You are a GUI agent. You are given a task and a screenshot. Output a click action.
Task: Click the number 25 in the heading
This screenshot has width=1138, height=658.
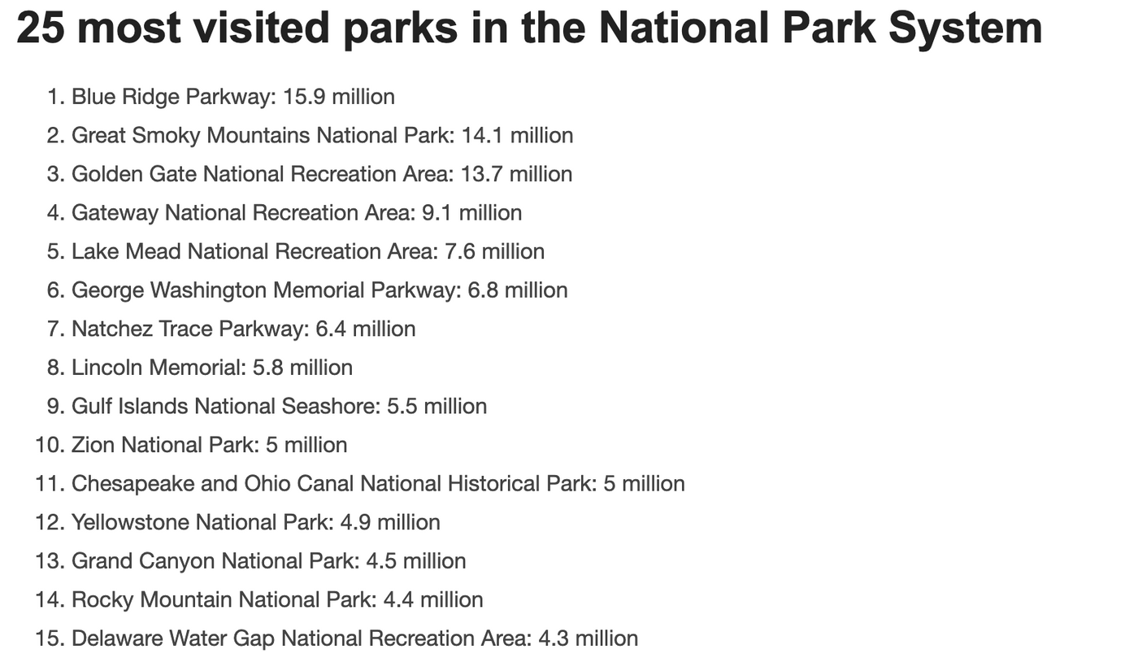[41, 28]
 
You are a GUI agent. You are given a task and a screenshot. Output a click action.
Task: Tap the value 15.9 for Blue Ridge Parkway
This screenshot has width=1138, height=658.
[304, 97]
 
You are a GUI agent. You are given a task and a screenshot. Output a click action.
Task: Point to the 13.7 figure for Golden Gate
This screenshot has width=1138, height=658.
[481, 174]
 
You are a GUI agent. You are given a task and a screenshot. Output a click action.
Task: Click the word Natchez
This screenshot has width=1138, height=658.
[112, 329]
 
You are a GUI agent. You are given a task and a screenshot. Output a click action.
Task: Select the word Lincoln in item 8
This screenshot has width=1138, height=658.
[107, 367]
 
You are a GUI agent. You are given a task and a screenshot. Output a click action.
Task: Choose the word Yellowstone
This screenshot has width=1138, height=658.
[131, 521]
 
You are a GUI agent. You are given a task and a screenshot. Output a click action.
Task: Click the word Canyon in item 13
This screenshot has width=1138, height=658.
[177, 561]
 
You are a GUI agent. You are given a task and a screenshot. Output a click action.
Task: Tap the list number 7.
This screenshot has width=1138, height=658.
[56, 329]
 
